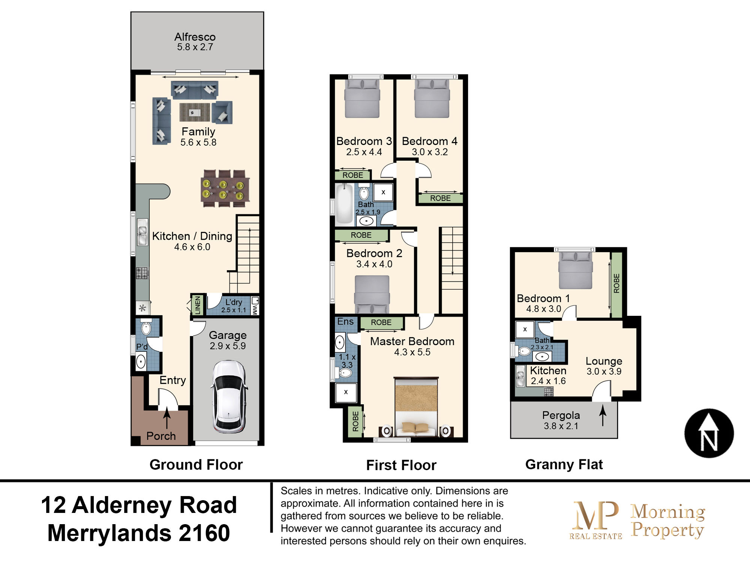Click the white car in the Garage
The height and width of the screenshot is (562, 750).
click(x=229, y=396)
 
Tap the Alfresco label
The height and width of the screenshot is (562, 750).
click(x=195, y=37)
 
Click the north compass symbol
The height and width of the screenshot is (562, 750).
click(x=709, y=433)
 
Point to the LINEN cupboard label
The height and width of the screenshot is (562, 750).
click(x=198, y=305)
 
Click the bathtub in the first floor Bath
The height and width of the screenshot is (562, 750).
click(x=344, y=204)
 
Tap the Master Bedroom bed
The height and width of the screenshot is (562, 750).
click(x=416, y=407)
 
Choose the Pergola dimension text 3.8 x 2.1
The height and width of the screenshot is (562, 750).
click(x=561, y=426)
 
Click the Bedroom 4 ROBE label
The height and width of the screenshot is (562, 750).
click(x=440, y=198)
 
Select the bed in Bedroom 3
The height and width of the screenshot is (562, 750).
click(x=362, y=98)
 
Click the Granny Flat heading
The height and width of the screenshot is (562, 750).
click(x=564, y=465)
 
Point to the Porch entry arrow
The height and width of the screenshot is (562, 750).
click(x=167, y=418)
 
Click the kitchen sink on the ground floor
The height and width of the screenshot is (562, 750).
click(x=142, y=232)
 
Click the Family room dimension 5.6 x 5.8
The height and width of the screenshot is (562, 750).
click(x=198, y=142)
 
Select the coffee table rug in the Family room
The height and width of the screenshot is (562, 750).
click(x=195, y=112)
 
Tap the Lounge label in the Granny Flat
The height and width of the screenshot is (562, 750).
click(x=604, y=361)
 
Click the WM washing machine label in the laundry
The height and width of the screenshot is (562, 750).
click(x=255, y=309)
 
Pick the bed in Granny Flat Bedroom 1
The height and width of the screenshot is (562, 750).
click(x=575, y=270)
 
